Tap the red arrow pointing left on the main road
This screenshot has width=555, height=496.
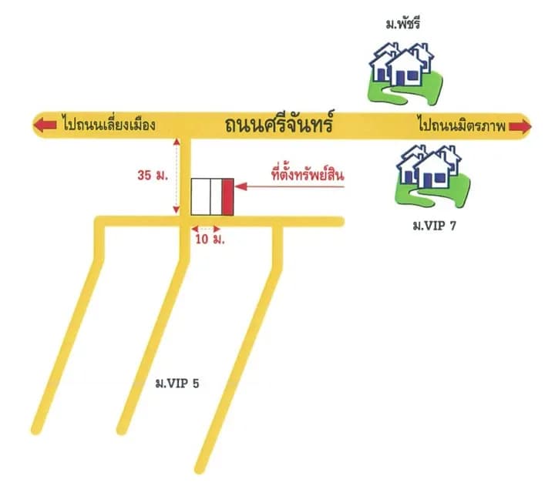coord(45,126)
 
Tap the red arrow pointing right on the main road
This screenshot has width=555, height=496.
coord(520,126)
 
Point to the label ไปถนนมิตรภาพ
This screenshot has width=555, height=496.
coord(462,124)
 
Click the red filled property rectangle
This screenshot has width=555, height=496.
coord(228,196)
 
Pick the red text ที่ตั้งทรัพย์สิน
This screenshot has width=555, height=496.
coord(308,174)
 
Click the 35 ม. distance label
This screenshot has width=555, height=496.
coord(153,175)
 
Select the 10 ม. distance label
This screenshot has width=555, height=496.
coord(210,240)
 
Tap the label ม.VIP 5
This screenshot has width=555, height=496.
coord(177,383)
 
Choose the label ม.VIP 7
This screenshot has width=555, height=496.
coord(434,226)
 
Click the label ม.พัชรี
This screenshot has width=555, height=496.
coord(403,24)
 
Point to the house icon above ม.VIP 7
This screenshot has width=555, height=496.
coord(432,176)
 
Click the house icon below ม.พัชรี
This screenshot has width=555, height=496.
coord(405,74)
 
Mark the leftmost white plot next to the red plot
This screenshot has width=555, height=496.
coord(200,196)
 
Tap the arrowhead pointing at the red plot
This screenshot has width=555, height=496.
coord(240,186)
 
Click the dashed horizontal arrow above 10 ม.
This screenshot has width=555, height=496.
coord(206,229)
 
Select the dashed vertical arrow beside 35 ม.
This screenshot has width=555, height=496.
coord(177,176)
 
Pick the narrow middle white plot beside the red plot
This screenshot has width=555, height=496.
coord(217,196)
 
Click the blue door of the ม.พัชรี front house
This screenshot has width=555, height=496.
coord(400,79)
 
